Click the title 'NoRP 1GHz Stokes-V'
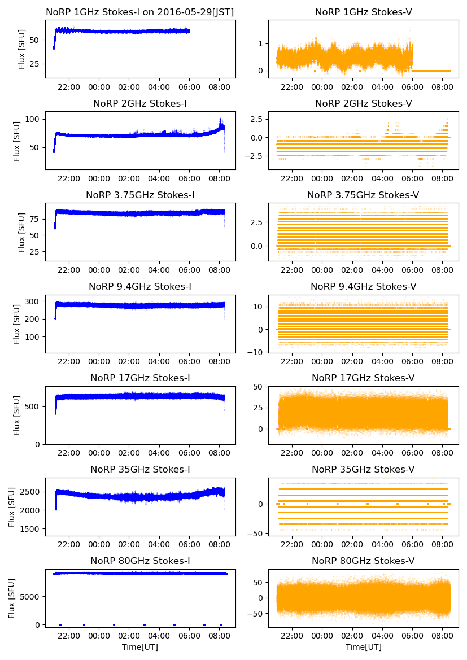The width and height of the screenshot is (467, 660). tap(363, 12)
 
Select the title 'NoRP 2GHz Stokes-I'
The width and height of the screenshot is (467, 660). tap(140, 103)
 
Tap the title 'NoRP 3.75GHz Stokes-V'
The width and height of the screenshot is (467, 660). tap(363, 195)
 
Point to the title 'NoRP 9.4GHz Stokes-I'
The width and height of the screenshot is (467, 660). tap(140, 286)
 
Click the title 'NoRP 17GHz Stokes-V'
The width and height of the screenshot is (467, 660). tap(363, 378)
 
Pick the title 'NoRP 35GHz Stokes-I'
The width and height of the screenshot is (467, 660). tap(140, 469)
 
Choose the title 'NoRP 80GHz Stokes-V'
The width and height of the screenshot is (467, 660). tap(363, 561)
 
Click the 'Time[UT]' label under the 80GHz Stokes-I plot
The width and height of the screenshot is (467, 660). tap(140, 647)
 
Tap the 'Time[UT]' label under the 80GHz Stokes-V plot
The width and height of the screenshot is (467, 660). tap(363, 647)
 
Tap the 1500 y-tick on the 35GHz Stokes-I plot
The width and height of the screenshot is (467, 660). tap(31, 529)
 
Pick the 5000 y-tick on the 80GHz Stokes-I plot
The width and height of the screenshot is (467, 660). tap(31, 596)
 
